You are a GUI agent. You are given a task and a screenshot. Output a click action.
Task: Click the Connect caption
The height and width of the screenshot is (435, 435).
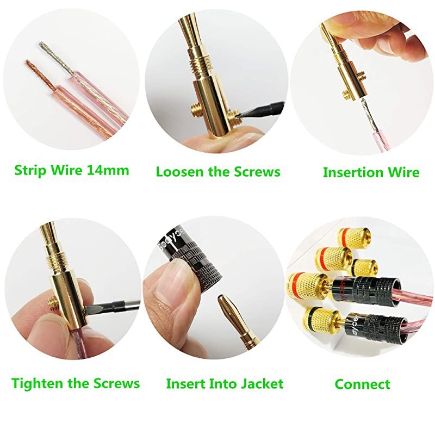362,384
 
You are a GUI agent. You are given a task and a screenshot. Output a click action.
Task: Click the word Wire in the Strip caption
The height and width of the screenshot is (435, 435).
66,171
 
